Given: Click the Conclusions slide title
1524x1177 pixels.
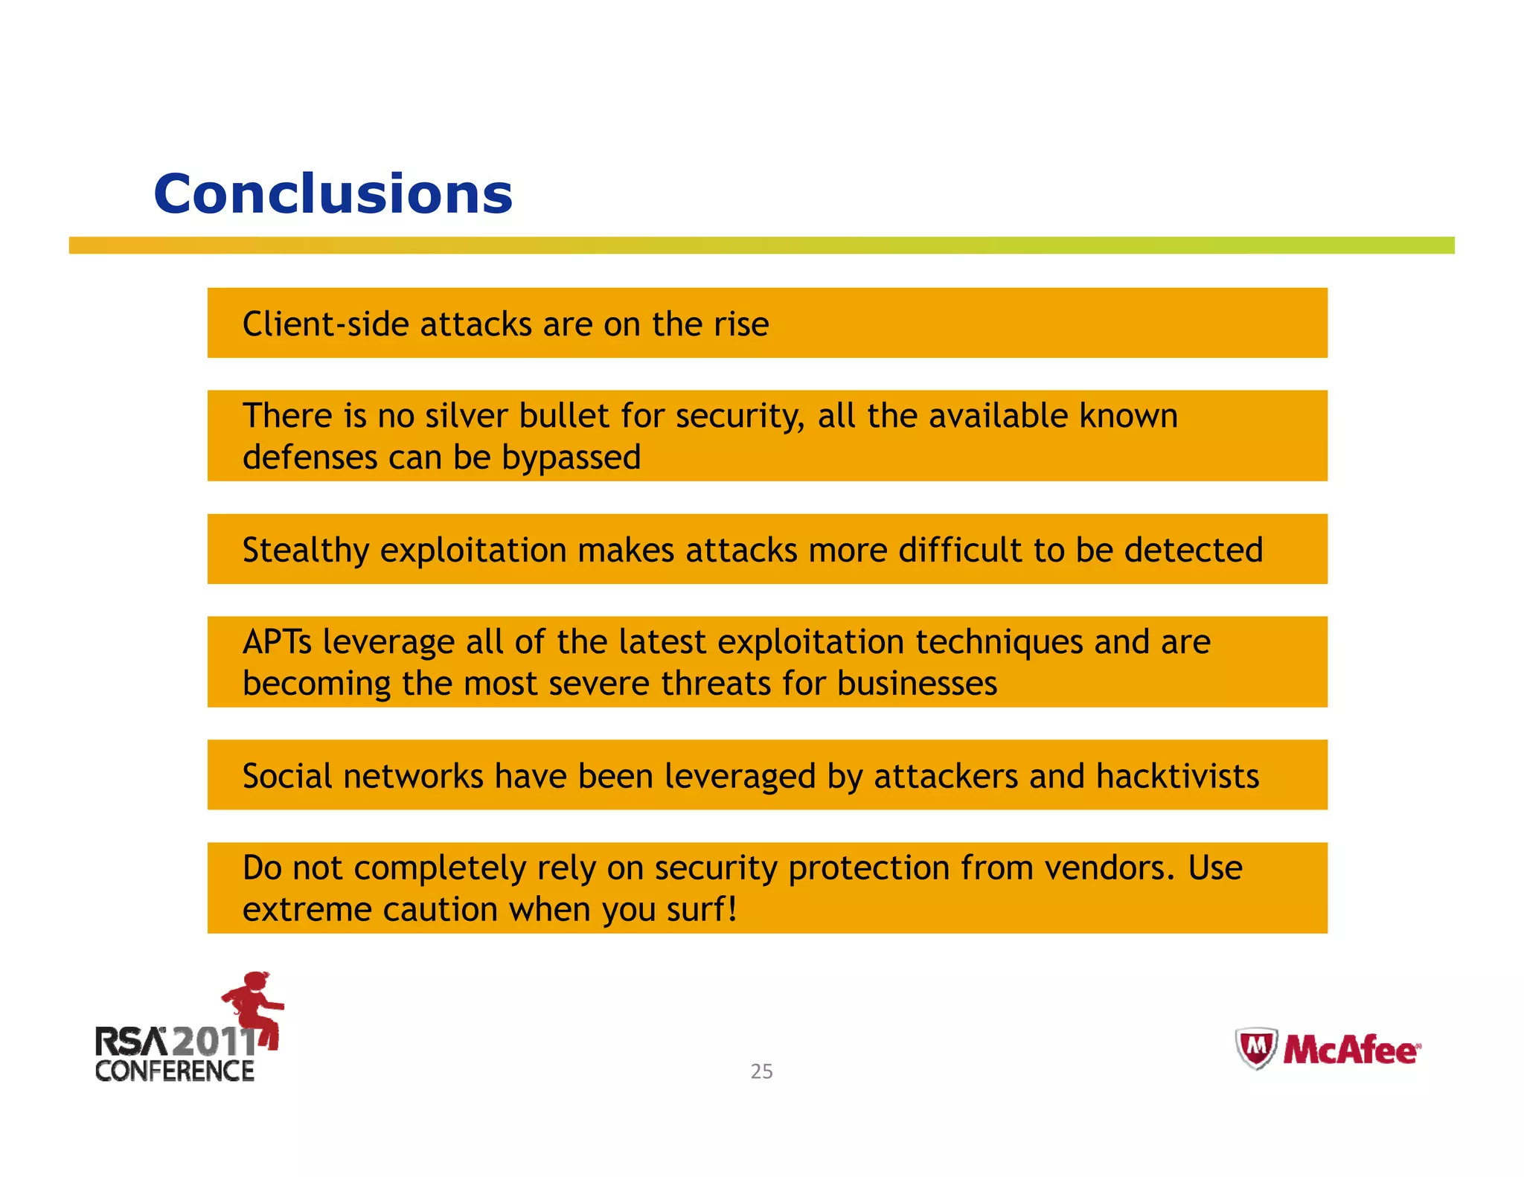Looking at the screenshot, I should tap(333, 194).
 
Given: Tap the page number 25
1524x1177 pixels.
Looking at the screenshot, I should tap(761, 1071).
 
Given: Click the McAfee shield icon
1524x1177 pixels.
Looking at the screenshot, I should tap(1256, 1048).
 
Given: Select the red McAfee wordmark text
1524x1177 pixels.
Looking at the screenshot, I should tap(1351, 1051).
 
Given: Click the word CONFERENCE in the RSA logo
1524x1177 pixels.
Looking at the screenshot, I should tap(175, 1071).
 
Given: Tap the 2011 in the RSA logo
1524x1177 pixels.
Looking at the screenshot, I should tap(214, 1041).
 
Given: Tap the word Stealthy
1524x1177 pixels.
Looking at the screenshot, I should tap(305, 551).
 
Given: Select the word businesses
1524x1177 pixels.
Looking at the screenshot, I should tap(917, 684).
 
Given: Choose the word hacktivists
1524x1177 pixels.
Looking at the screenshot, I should tap(1177, 777).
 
